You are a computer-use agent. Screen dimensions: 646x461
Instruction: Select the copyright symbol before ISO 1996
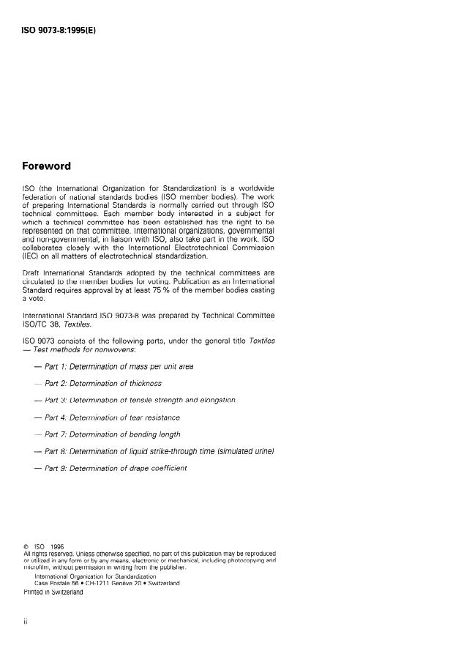(x=26, y=546)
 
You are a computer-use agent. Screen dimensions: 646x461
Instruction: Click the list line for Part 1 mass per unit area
(x=119, y=366)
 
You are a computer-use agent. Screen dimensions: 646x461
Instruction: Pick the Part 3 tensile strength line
(x=139, y=400)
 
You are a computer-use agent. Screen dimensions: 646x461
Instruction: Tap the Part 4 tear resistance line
(x=112, y=417)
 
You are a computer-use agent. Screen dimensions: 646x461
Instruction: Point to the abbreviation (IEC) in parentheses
(x=31, y=257)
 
